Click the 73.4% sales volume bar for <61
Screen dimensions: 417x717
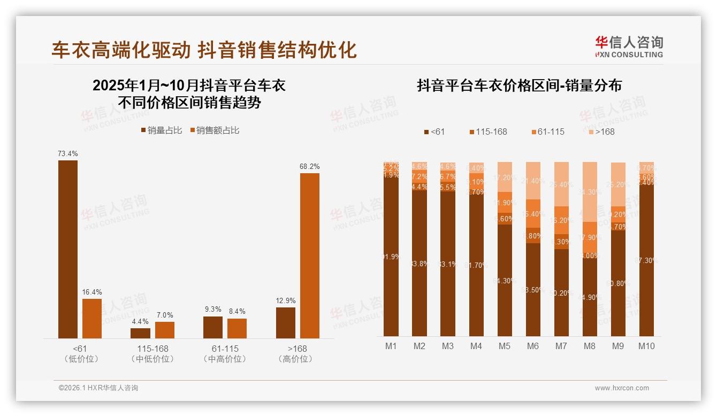(x=68, y=249)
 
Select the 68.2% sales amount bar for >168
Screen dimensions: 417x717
(x=309, y=256)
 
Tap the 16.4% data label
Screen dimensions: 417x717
(x=92, y=292)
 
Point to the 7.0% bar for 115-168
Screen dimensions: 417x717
(x=165, y=330)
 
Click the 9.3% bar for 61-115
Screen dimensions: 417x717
(x=213, y=327)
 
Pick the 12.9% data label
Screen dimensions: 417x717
(x=286, y=300)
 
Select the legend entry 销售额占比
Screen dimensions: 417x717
(x=214, y=130)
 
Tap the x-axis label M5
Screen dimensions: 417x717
(x=505, y=346)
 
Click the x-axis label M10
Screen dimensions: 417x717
(x=646, y=346)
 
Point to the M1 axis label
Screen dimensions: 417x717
(x=391, y=346)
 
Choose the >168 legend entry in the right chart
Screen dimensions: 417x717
(x=602, y=132)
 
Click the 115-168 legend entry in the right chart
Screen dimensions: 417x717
(x=488, y=132)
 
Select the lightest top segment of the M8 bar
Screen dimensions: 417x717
(x=590, y=191)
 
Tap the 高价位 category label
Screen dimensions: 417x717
(x=295, y=359)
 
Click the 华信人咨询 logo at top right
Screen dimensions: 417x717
(x=629, y=46)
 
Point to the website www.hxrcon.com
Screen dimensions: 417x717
(x=622, y=388)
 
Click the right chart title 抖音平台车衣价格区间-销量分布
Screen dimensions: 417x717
(x=519, y=86)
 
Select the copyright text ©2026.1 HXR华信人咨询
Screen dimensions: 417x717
(x=98, y=388)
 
